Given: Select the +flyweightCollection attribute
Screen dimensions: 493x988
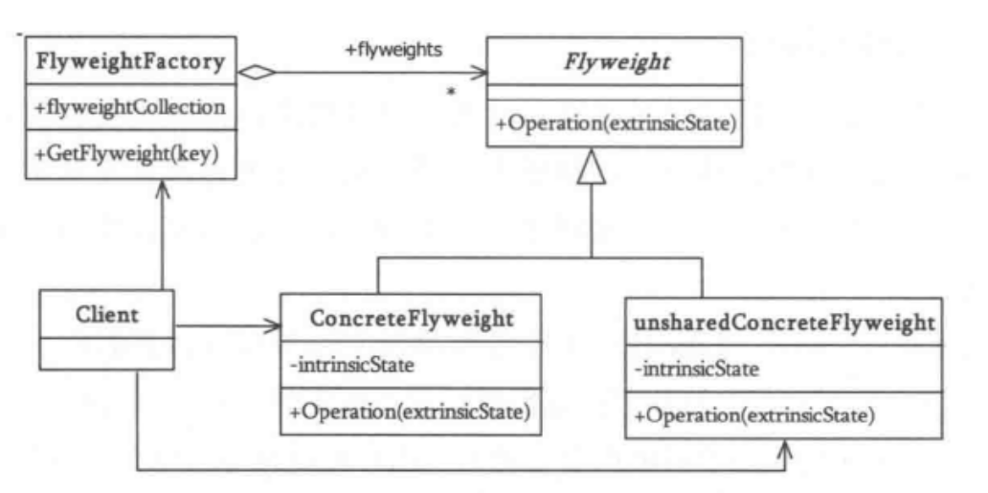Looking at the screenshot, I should coord(129,107).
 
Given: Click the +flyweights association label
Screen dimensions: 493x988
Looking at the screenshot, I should coord(393,49).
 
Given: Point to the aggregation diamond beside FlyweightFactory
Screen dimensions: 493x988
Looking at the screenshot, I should coord(257,72).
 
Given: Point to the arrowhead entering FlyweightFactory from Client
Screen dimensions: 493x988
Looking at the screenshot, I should coord(163,191).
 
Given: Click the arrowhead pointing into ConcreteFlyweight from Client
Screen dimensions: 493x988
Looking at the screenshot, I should coord(272,327).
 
